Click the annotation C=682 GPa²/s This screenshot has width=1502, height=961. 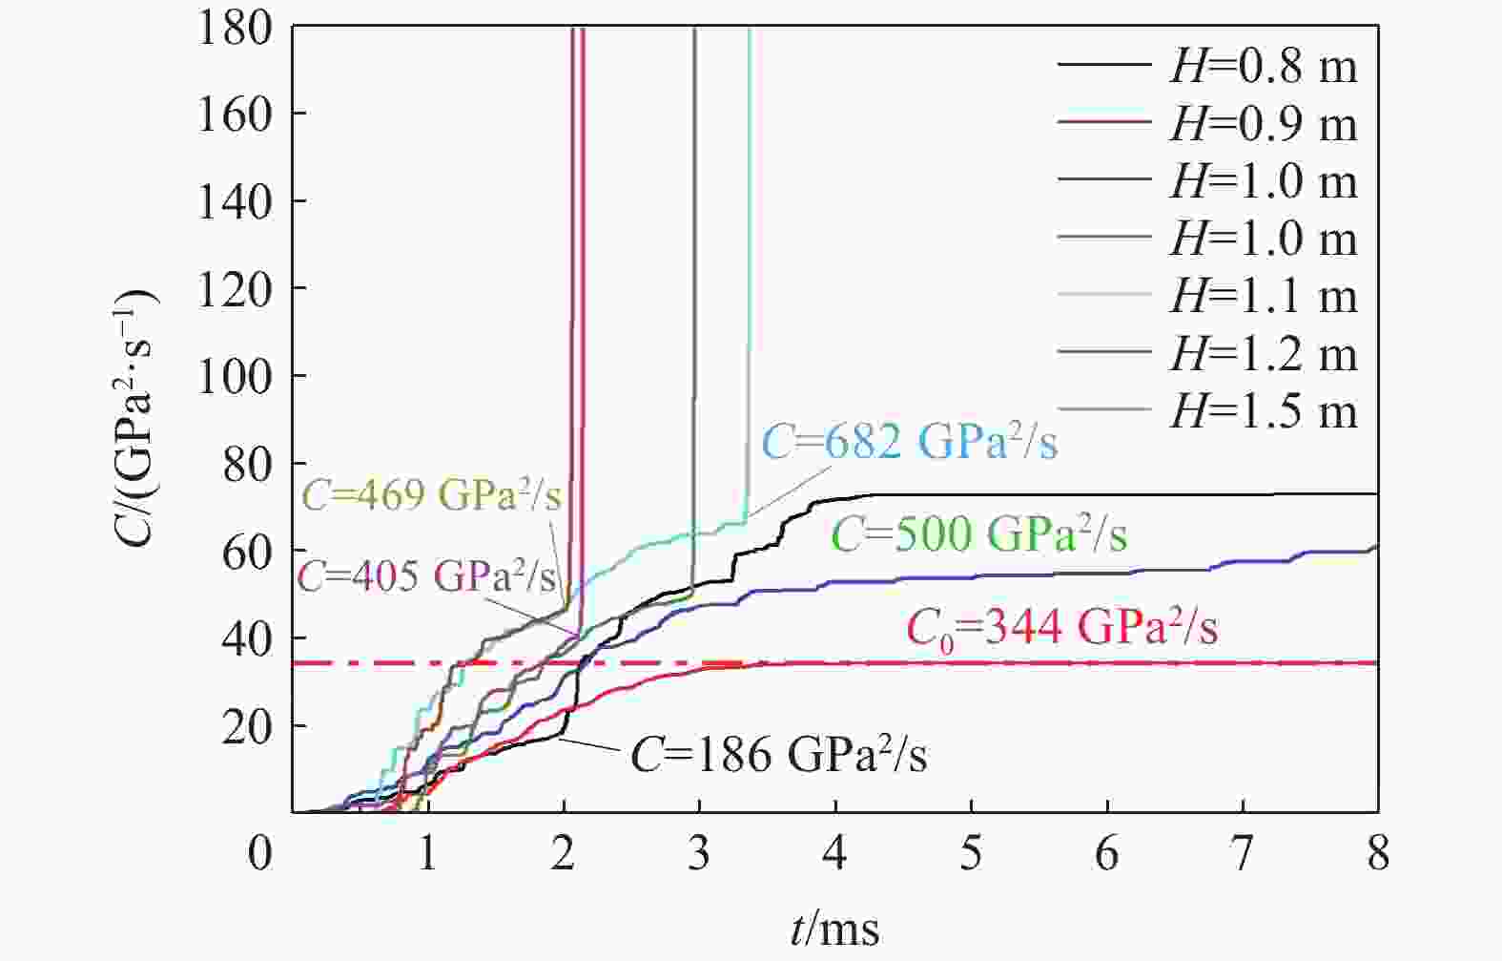(x=910, y=443)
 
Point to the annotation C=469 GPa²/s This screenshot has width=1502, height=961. (x=432, y=495)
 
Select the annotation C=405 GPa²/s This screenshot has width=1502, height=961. (x=426, y=576)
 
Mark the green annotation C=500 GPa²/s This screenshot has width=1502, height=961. (x=979, y=534)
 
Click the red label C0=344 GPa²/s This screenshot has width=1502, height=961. (x=1061, y=628)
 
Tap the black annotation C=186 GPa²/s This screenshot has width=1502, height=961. (x=778, y=755)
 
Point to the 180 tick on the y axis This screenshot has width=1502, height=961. (x=235, y=28)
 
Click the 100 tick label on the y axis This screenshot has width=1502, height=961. (x=235, y=375)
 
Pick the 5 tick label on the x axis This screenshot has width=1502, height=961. (x=971, y=852)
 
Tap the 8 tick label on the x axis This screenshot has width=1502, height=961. (x=1377, y=852)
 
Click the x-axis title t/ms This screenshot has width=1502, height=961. (x=834, y=927)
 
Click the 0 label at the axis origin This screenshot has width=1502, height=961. (x=260, y=852)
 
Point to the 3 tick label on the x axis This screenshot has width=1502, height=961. (x=699, y=852)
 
